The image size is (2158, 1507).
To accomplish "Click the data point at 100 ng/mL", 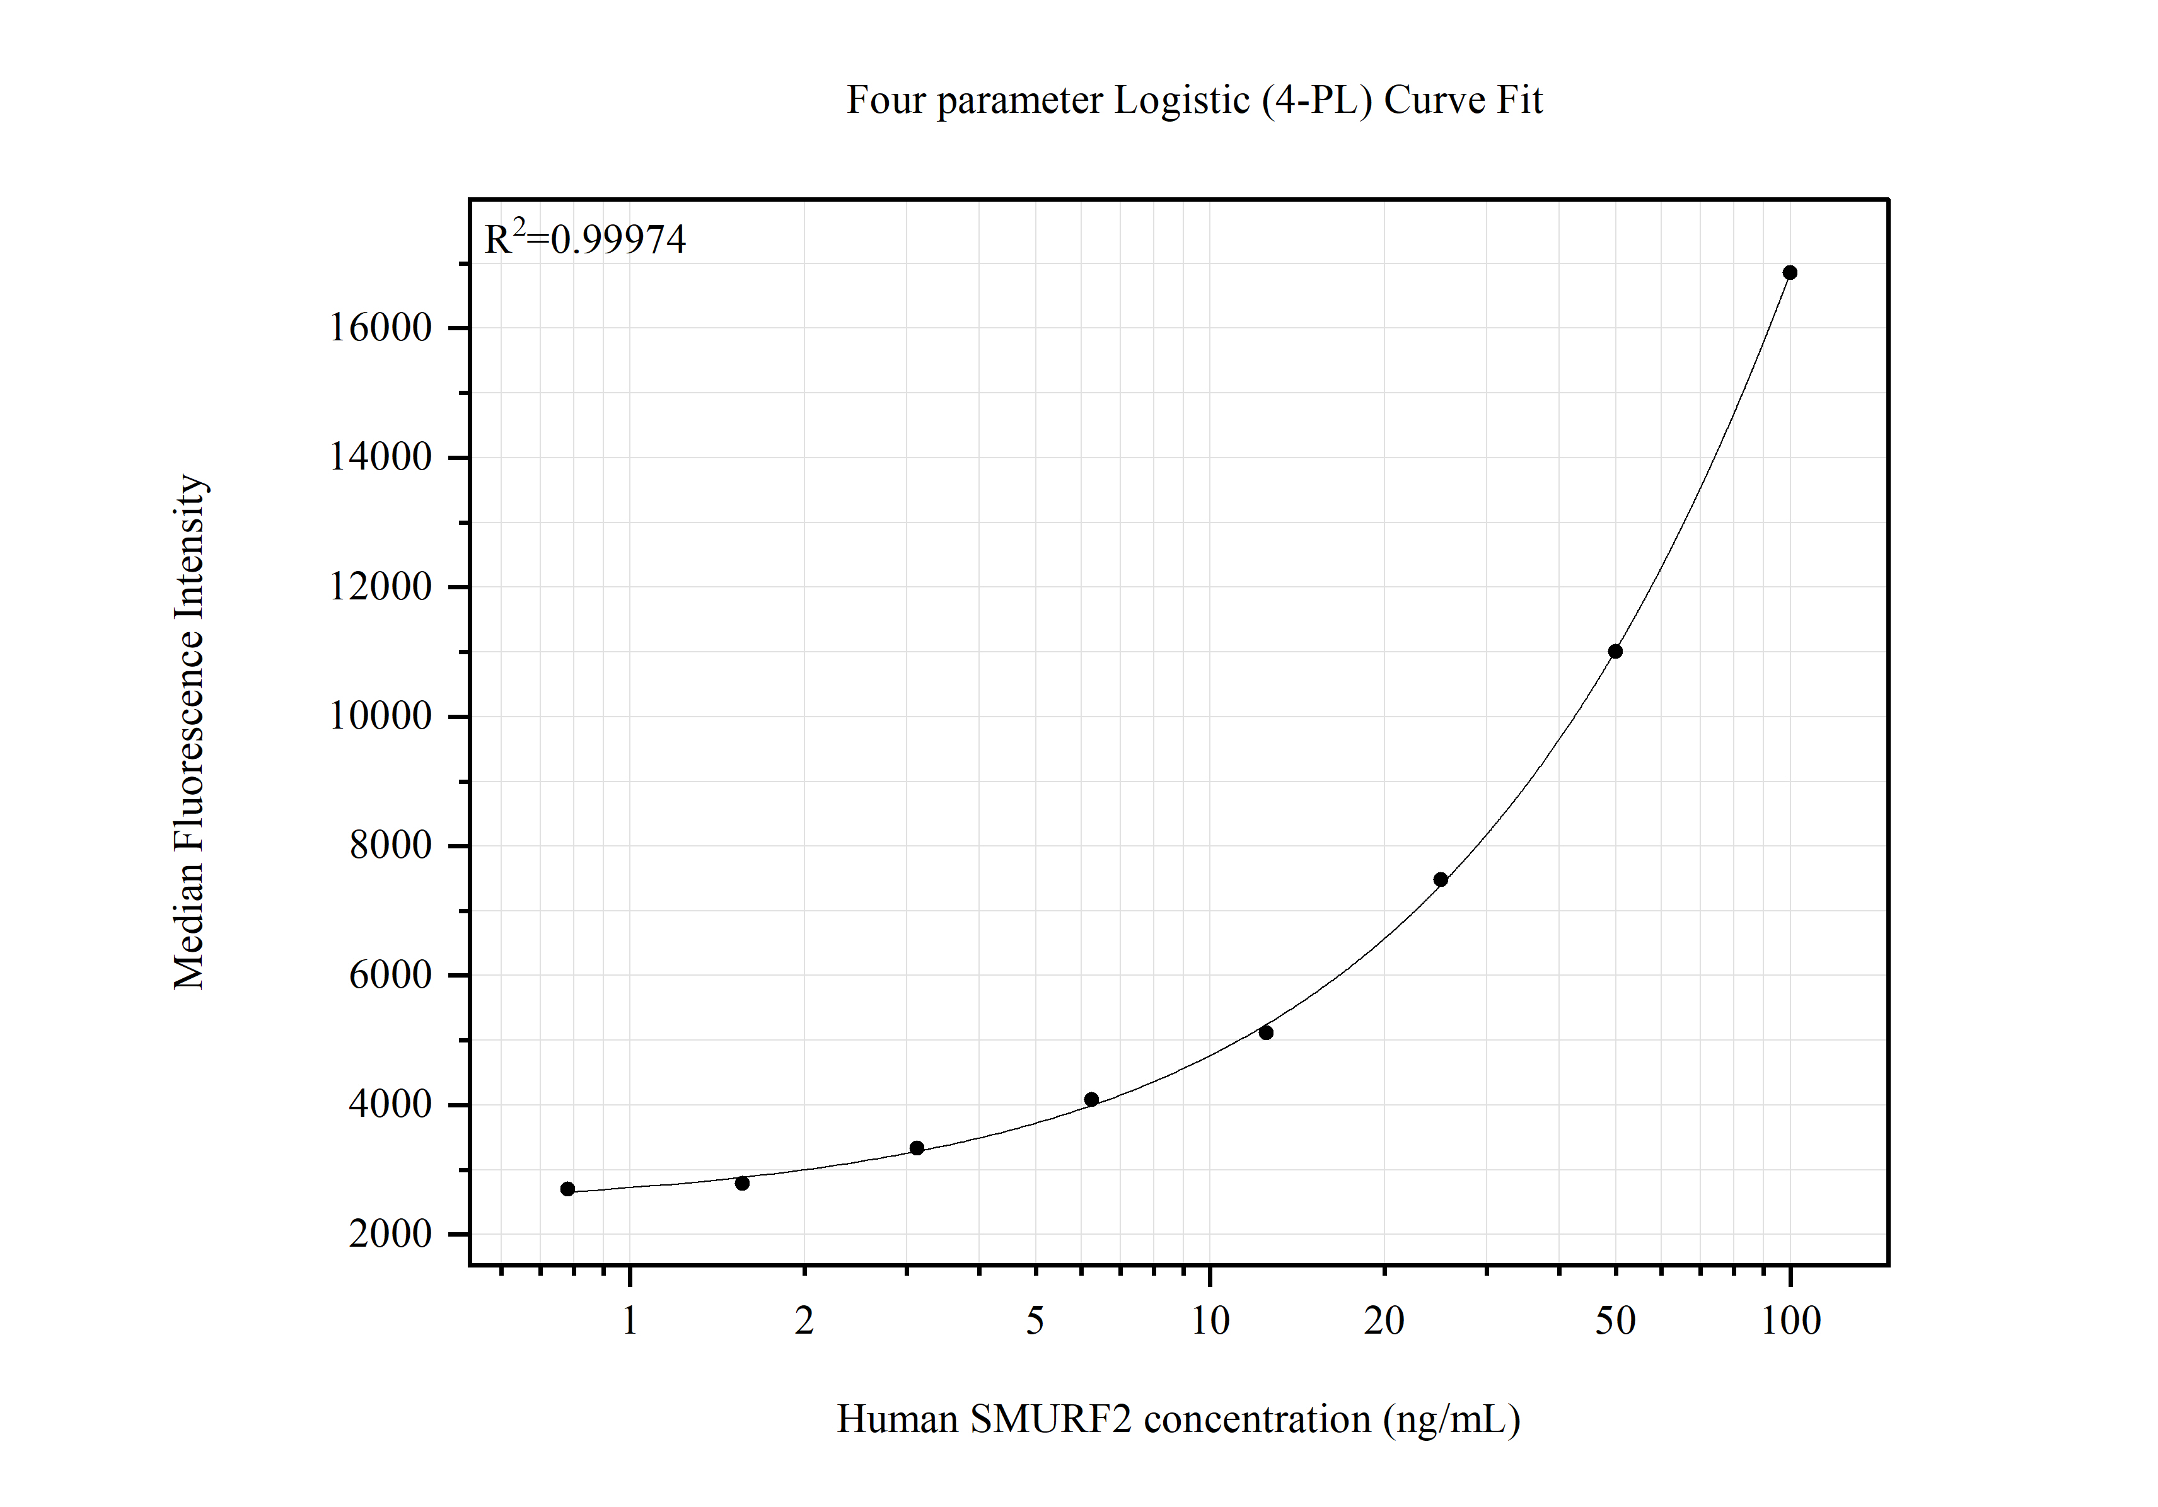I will tap(1790, 272).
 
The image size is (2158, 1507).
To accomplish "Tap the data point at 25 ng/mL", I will tap(1440, 879).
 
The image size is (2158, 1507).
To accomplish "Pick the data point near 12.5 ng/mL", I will tap(1265, 1032).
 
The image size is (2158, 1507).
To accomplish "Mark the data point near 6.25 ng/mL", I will tap(1091, 1099).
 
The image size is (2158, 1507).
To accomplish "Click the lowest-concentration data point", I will tap(567, 1189).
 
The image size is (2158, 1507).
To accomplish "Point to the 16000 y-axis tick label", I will tap(380, 328).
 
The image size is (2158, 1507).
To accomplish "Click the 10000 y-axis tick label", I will tap(380, 716).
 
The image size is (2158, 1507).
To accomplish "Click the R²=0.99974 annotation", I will tap(584, 239).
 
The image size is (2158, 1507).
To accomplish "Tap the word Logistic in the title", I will tap(1181, 100).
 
